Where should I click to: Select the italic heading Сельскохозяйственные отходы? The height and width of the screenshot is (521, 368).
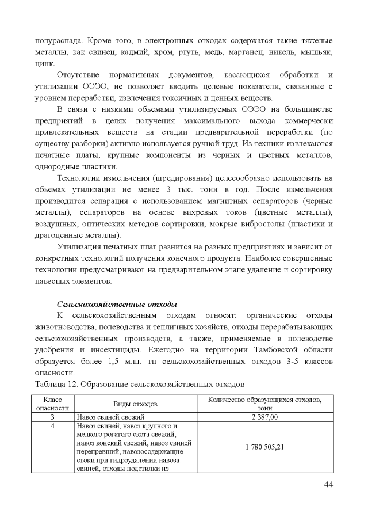point(116,303)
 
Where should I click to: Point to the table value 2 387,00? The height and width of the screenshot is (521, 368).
point(264,417)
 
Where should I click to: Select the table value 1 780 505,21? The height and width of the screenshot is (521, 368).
point(264,447)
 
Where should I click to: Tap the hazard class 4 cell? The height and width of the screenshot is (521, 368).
point(52,426)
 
